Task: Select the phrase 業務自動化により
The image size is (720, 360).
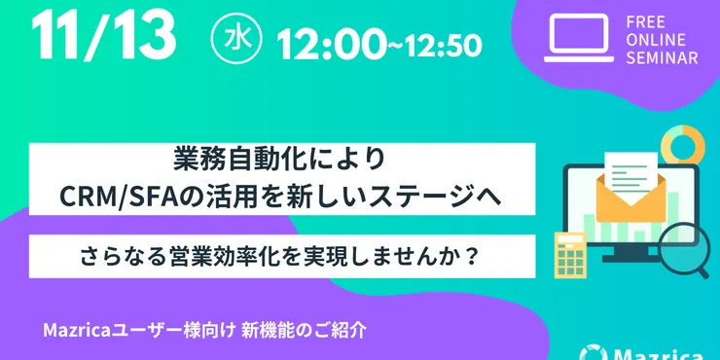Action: pos(281,159)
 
